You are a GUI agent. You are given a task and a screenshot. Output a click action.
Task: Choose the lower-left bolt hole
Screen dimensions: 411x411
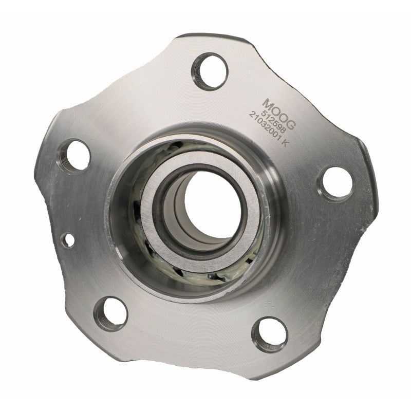tap(110, 313)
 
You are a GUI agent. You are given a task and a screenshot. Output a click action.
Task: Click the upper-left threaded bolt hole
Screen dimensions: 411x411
tap(73, 156)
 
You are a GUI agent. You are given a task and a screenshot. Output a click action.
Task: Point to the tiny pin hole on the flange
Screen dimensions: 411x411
tap(67, 239)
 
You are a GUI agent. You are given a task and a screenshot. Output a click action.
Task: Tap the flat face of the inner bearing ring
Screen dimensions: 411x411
tap(154, 226)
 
